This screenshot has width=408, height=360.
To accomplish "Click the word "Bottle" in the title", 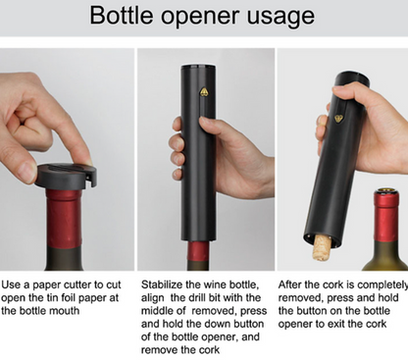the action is [x=122, y=15].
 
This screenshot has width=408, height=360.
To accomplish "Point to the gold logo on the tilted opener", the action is [x=339, y=118].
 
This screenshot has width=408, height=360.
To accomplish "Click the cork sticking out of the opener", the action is [x=322, y=247].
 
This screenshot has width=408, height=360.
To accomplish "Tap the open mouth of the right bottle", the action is [x=386, y=190].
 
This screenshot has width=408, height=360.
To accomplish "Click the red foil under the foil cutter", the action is [x=64, y=219].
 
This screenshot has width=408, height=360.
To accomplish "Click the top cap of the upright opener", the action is [x=198, y=68].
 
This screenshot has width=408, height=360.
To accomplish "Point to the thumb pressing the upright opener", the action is [x=213, y=126].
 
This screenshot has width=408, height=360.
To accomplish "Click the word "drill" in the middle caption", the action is [x=206, y=298].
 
